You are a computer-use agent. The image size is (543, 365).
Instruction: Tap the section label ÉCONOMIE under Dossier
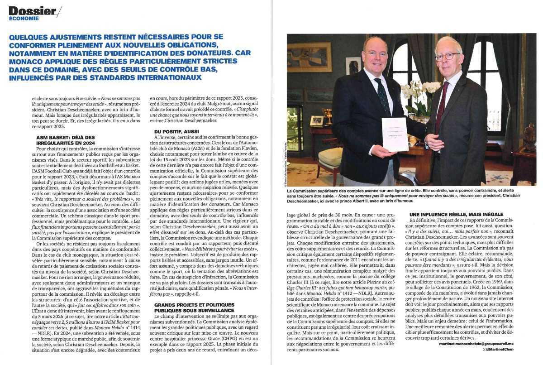24,19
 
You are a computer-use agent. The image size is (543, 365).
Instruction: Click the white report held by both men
395,134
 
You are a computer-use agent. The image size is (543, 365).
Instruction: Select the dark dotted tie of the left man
382,96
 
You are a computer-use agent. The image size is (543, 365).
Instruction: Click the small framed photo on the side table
316,120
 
